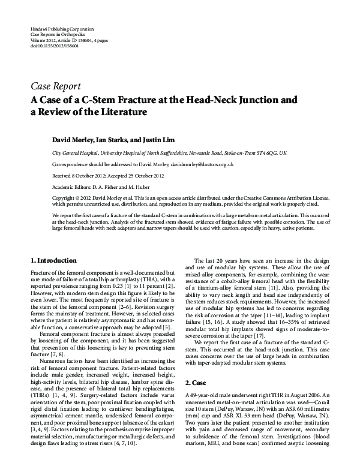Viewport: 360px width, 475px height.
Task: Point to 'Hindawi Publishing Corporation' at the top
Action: (61, 29)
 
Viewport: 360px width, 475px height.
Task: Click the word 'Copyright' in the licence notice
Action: (65, 197)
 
